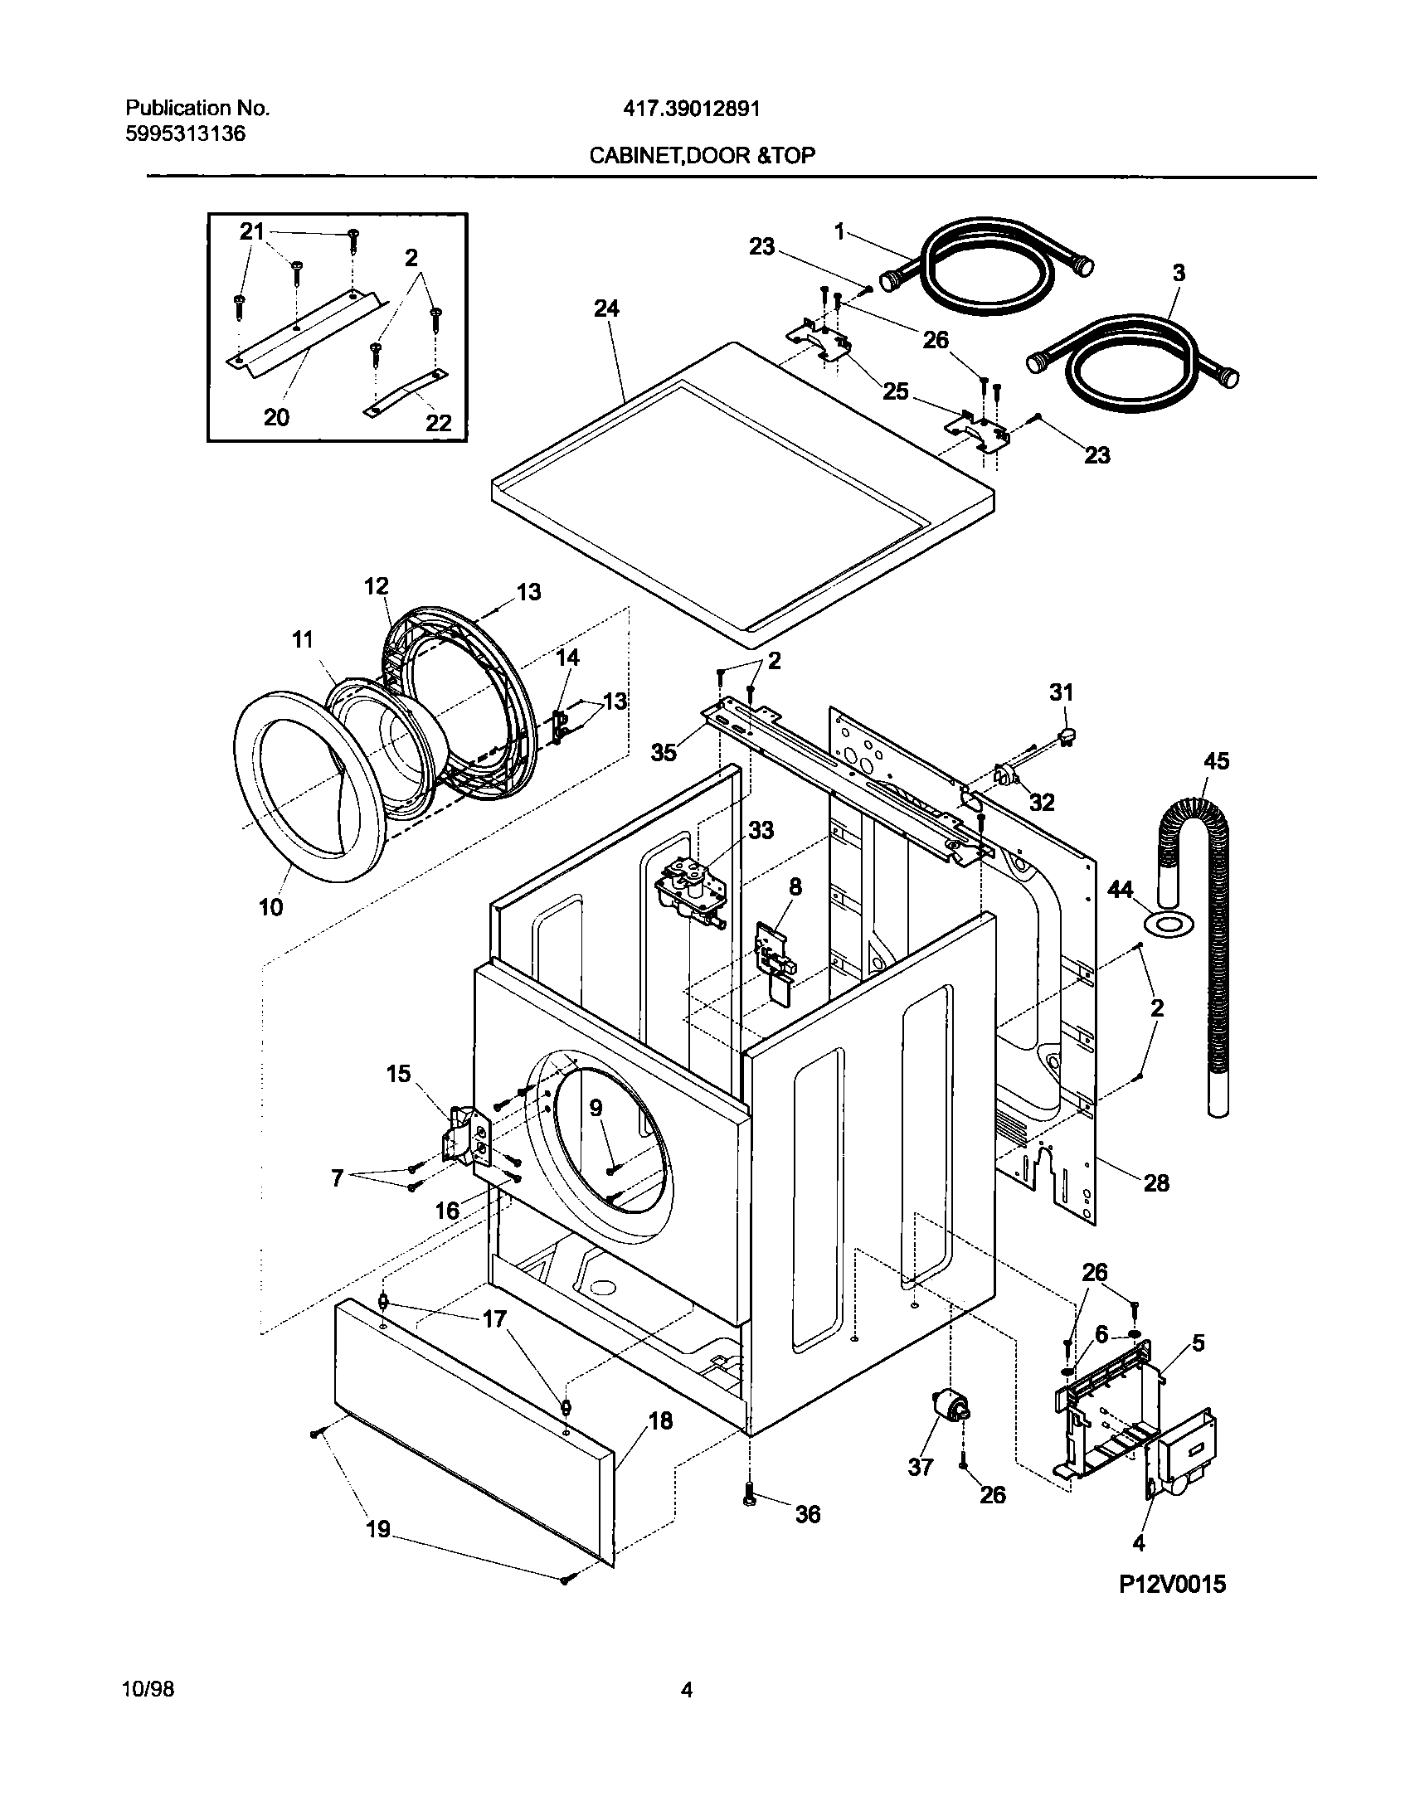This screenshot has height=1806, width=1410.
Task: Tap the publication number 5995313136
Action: coord(186,134)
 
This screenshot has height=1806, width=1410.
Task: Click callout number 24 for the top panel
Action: coord(606,308)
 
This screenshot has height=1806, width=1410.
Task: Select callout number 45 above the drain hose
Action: coord(1216,761)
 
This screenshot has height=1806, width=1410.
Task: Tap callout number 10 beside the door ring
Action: coord(270,907)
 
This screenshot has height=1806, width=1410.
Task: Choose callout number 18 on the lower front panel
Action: coord(660,1421)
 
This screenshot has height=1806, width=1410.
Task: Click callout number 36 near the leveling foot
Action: coord(807,1514)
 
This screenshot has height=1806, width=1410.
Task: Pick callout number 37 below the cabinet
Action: coord(921,1467)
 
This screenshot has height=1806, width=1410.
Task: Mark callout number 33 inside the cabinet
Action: coord(761,830)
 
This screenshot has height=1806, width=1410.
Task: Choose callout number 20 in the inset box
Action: coord(276,417)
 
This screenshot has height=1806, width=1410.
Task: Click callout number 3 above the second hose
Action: coord(1179,273)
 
